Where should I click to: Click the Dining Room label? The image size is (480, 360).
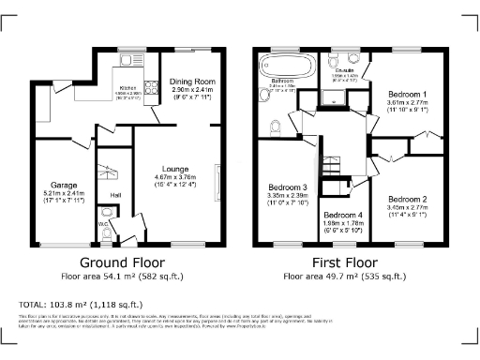(192, 82)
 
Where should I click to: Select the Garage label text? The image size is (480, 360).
(64, 184)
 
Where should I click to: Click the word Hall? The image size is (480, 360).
(115, 194)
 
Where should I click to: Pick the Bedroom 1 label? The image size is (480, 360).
(408, 95)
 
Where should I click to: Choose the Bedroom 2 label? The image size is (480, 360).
(408, 199)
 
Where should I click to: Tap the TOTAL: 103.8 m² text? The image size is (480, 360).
(80, 305)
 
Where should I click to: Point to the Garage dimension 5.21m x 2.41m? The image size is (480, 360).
(64, 192)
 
